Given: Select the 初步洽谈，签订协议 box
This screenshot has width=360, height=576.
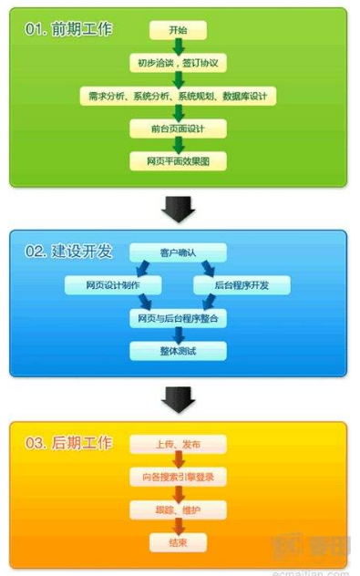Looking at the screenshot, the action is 179,64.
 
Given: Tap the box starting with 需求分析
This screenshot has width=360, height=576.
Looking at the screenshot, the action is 179,96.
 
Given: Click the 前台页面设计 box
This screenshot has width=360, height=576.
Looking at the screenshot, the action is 179,129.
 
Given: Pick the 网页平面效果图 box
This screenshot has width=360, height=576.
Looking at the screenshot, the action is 179,160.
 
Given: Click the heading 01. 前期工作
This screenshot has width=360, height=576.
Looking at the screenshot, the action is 69,29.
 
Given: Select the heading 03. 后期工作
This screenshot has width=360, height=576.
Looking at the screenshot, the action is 69,443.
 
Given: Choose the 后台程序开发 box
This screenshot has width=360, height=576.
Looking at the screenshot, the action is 242,285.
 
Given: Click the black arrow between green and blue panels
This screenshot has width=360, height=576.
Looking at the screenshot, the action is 179,209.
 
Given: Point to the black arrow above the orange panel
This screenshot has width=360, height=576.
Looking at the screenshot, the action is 179,398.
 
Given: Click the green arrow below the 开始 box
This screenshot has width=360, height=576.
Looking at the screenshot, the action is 179,47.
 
